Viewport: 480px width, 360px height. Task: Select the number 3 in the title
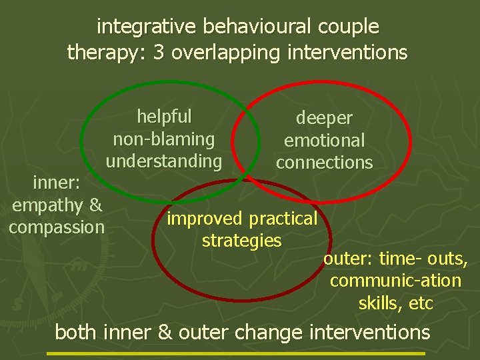159,53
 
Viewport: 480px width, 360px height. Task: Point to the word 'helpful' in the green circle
164,117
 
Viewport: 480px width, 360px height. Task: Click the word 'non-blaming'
164,139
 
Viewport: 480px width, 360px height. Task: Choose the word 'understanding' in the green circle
164,161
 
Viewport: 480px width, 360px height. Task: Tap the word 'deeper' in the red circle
324,118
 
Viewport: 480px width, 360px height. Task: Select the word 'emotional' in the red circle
324,141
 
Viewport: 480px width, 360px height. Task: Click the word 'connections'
324,163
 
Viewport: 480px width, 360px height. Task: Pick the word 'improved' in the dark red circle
205,219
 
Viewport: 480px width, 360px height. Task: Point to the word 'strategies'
242,241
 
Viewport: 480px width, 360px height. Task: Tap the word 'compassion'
57,227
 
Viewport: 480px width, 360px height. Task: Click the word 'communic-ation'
395,281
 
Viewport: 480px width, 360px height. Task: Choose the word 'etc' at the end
421,303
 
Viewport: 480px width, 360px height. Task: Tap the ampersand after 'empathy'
95,204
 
